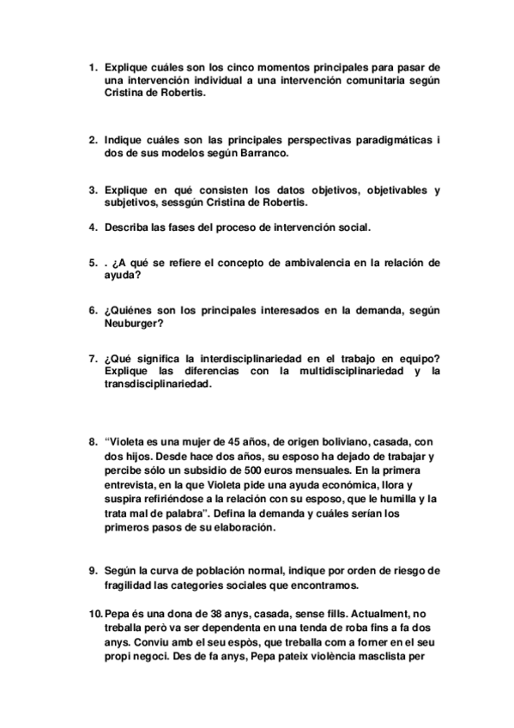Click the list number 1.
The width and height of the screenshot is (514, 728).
coord(92,67)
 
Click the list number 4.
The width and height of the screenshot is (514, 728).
coord(92,227)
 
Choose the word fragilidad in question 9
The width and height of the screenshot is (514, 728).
coord(134,585)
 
